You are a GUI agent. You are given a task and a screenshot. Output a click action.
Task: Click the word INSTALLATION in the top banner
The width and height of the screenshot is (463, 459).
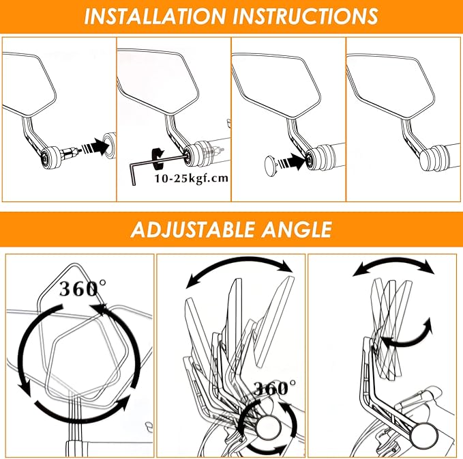(x=155, y=16)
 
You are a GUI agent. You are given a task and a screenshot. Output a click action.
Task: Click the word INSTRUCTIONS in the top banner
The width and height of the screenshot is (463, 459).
(x=305, y=16)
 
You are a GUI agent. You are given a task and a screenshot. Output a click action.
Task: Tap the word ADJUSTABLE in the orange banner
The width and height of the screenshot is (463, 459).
(x=192, y=229)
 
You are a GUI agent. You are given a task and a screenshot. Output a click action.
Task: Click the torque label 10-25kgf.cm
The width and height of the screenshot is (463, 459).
(x=192, y=178)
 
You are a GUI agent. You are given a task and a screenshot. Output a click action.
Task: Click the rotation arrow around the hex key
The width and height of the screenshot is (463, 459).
(x=158, y=158)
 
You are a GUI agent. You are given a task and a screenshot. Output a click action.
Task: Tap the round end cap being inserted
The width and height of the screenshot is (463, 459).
(x=270, y=166)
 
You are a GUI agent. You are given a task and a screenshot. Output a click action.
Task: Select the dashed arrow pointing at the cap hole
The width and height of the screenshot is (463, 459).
(x=292, y=161)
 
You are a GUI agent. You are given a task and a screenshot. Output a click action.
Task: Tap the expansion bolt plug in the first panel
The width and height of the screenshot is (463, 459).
(x=70, y=154)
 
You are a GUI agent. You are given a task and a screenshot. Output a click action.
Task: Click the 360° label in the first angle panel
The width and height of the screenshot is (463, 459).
(x=83, y=288)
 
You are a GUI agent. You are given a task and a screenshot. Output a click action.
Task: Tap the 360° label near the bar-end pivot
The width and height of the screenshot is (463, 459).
(x=275, y=388)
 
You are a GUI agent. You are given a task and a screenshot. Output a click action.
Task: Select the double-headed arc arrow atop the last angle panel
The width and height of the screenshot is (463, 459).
(x=394, y=263)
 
